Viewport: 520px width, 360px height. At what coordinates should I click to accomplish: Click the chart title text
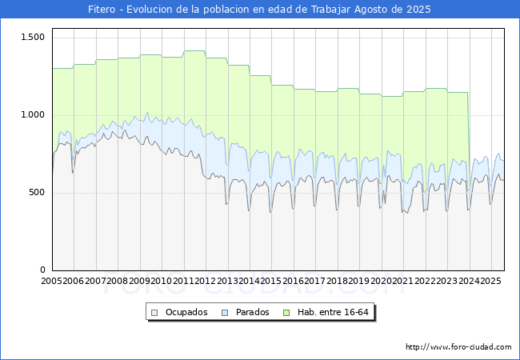coord(259,10)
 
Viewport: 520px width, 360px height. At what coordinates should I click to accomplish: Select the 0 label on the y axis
coord(43,270)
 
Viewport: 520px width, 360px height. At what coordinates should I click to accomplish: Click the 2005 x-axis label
coord(52,282)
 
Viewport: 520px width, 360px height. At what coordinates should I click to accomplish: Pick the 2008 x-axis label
coord(118,282)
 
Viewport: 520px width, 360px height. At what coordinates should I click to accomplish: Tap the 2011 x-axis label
coord(183,282)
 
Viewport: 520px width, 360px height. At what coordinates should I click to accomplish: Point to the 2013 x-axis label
coord(227,282)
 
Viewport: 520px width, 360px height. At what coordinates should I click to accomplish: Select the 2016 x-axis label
coord(293,282)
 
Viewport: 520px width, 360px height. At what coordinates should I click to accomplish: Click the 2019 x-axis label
coord(358,282)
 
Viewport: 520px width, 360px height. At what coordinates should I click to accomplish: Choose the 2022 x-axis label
coord(424,282)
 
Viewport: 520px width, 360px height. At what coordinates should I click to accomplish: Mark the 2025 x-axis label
coord(490,282)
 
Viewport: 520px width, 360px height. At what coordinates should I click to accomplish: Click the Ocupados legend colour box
coord(155,312)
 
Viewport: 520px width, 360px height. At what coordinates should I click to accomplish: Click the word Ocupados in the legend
coord(186,312)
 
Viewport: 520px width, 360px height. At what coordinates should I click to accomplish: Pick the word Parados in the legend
coord(252,312)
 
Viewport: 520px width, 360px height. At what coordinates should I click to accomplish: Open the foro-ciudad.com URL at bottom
coord(458,347)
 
